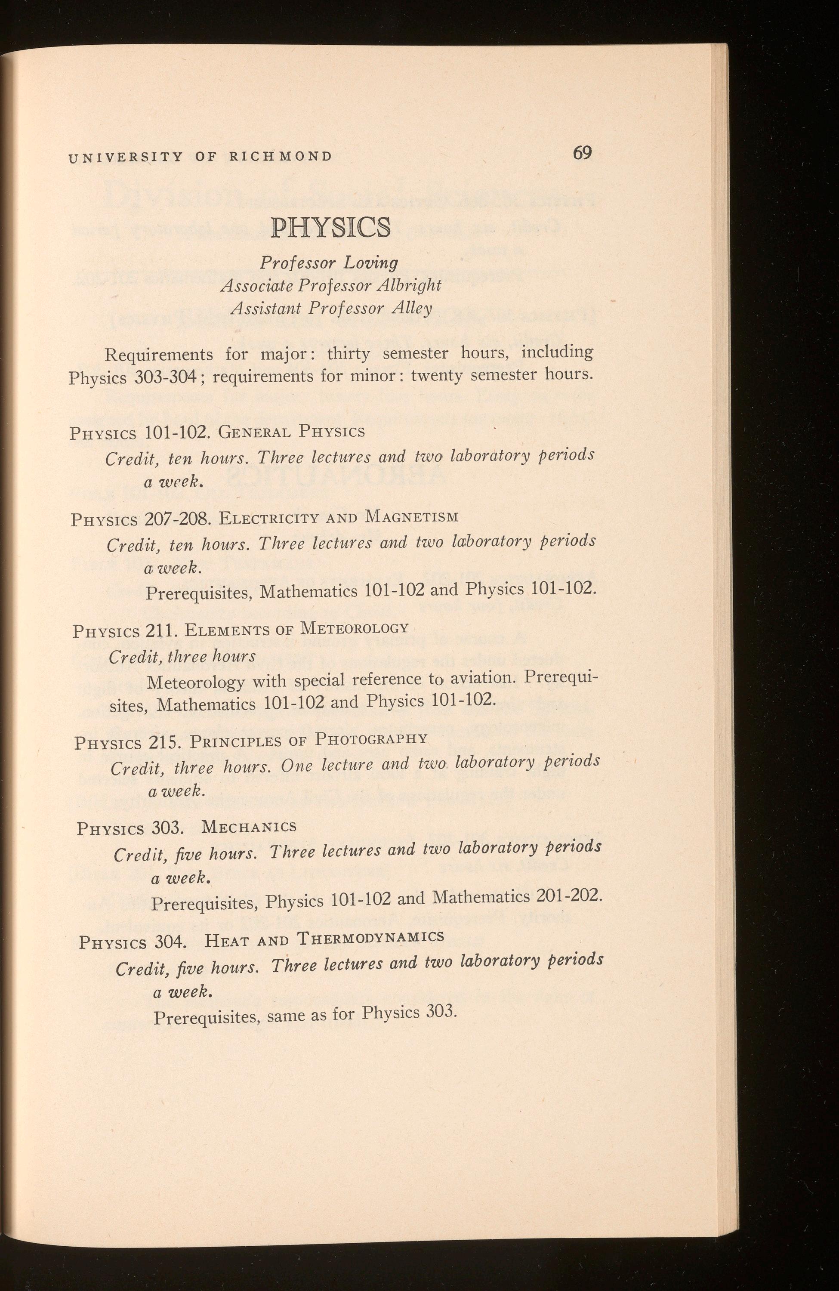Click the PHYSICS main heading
tap(330, 228)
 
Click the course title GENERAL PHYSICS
tap(292, 432)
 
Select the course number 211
tap(162, 631)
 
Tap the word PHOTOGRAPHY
tap(372, 739)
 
